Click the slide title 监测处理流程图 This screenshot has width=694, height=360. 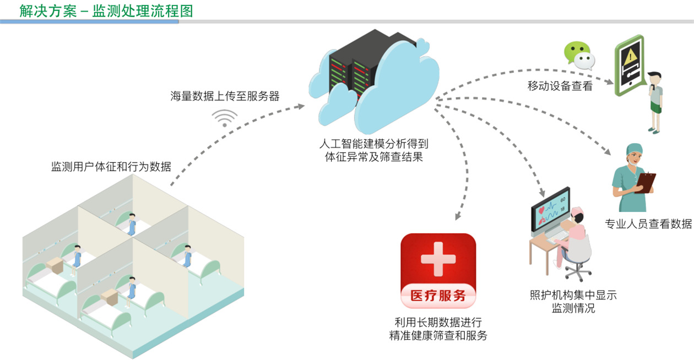click(143, 11)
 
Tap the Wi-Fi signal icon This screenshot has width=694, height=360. click(225, 118)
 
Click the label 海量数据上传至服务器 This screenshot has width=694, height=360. click(225, 96)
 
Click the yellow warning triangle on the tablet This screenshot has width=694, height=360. click(630, 57)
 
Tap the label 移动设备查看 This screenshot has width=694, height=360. click(560, 86)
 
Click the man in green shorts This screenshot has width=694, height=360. click(655, 102)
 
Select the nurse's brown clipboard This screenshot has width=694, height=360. click(646, 183)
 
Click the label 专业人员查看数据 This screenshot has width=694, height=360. click(648, 223)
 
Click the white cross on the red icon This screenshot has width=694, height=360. click(438, 259)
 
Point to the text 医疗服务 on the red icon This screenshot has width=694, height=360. click(438, 296)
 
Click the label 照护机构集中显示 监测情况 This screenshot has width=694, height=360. click(573, 302)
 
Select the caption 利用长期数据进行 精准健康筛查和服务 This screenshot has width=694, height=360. click(438, 329)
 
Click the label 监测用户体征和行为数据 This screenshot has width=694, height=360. click(111, 167)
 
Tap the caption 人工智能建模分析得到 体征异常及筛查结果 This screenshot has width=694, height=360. click(373, 150)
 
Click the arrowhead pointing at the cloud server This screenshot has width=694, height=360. click(300, 106)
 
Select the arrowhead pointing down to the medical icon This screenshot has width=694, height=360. click(458, 216)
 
